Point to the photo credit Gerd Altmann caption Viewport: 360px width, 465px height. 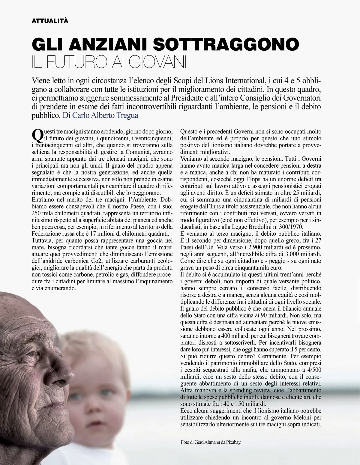[211, 442]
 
